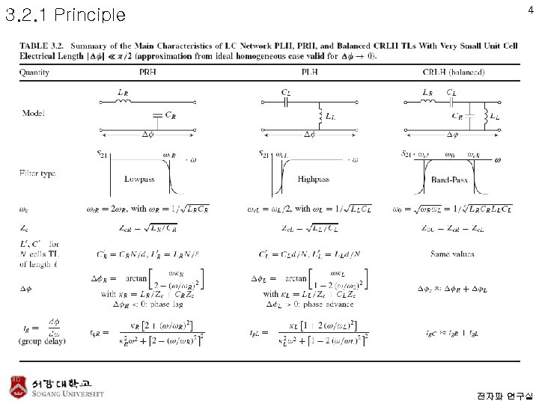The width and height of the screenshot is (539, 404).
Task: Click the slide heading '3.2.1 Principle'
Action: click(66, 14)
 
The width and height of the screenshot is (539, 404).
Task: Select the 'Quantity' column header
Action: click(34, 73)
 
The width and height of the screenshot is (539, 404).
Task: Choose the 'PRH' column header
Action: click(148, 73)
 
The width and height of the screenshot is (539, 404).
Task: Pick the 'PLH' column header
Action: click(309, 73)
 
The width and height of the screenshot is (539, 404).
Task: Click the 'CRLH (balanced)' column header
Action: click(453, 73)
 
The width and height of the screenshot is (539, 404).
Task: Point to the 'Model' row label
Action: click(34, 114)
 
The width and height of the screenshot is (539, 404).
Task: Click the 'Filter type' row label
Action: click(37, 174)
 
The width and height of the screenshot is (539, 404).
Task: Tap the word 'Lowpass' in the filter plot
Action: click(140, 180)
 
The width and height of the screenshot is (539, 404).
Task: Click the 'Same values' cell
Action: click(452, 254)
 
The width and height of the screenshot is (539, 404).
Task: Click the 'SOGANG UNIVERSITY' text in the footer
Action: click(68, 394)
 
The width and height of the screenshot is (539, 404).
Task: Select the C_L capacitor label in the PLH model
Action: click(286, 92)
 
